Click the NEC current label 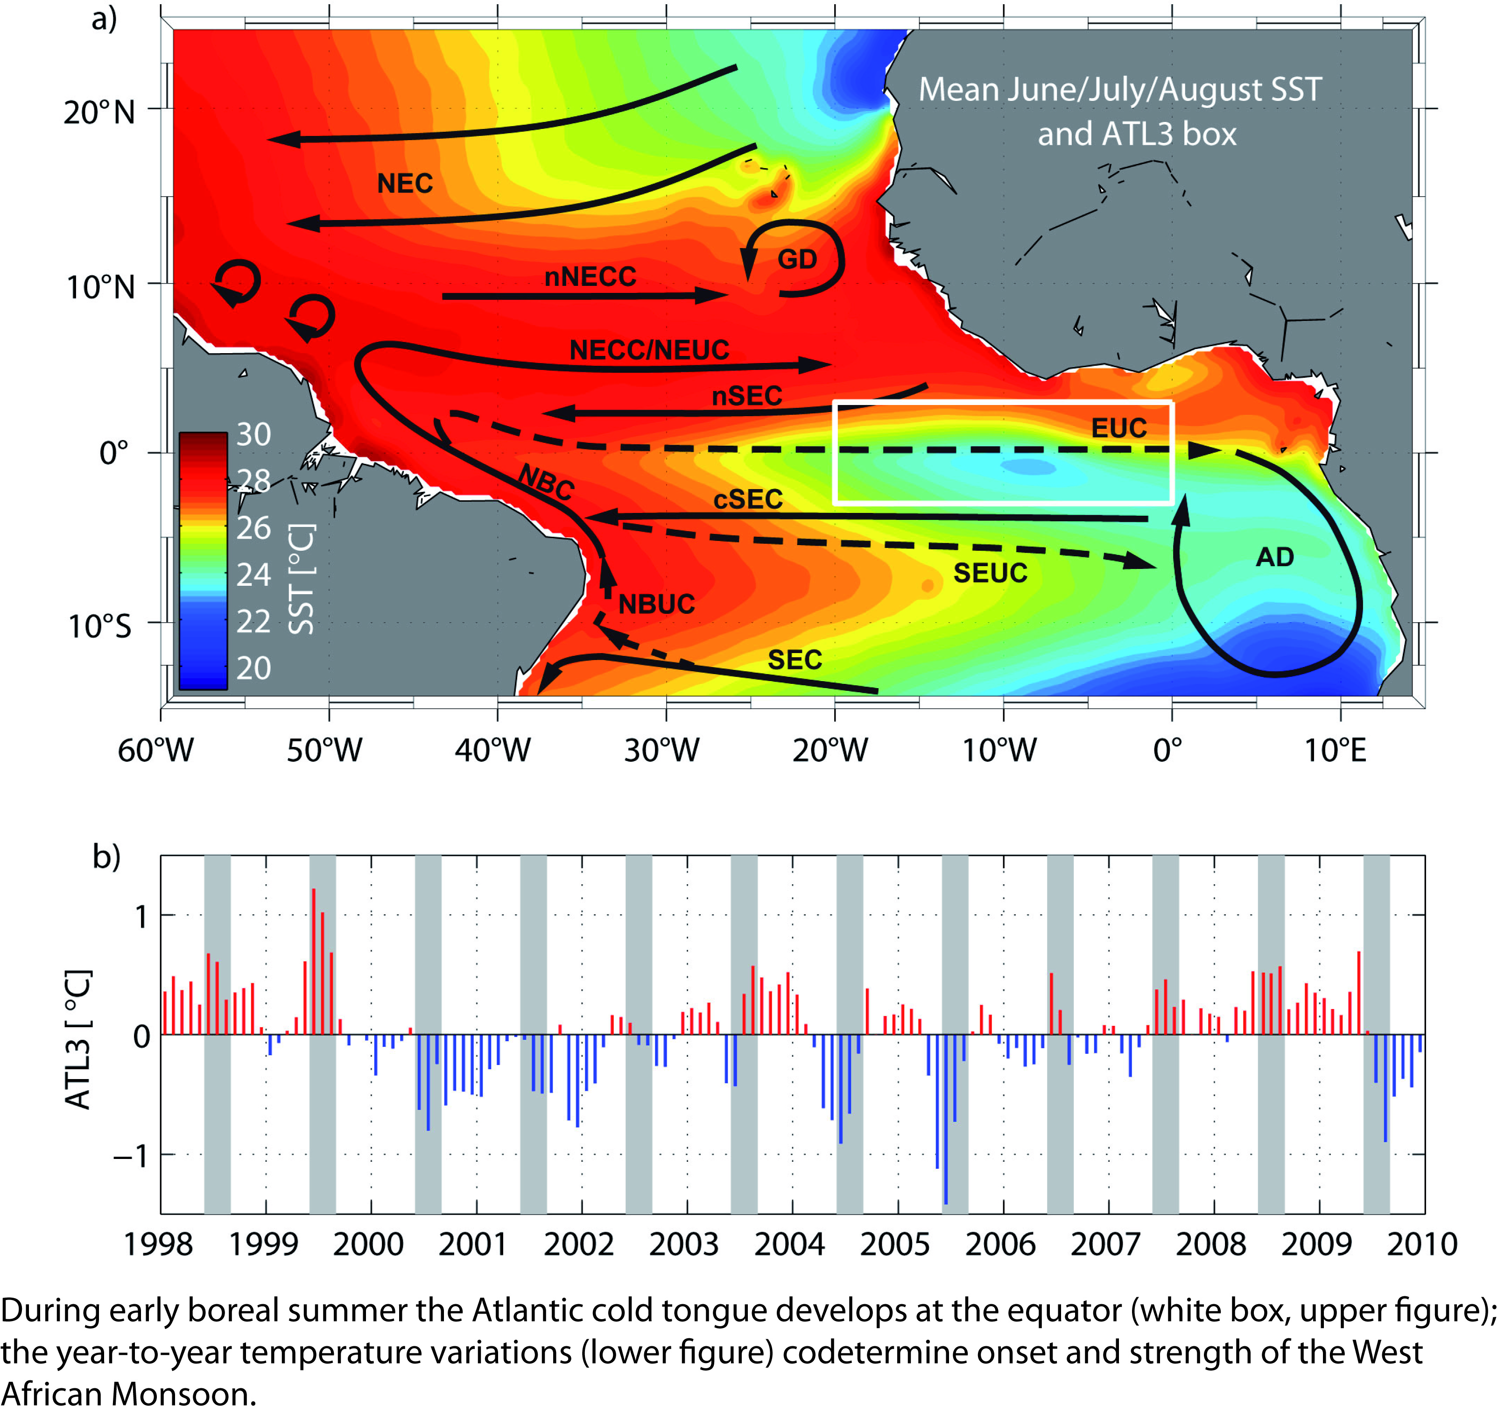(405, 183)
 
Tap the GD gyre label (797, 260)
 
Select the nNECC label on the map (591, 277)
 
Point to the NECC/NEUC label (649, 350)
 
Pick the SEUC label (990, 573)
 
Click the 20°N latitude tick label (99, 112)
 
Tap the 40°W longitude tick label (493, 750)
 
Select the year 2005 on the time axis (894, 1243)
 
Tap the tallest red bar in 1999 (313, 962)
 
